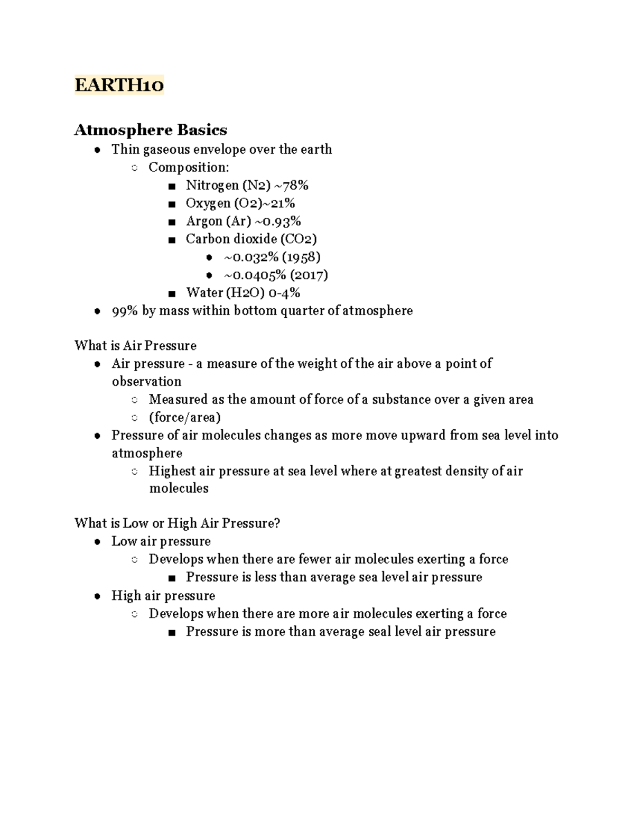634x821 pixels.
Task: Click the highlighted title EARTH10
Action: pos(119,85)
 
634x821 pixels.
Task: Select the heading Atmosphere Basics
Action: pos(151,130)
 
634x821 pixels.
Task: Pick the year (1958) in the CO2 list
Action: pos(301,257)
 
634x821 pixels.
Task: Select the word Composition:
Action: pos(189,168)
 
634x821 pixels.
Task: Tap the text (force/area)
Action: pos(185,418)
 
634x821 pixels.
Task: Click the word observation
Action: pos(146,382)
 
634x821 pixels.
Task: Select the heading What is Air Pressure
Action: pos(135,346)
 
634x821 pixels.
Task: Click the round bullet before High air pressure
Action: pos(97,596)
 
